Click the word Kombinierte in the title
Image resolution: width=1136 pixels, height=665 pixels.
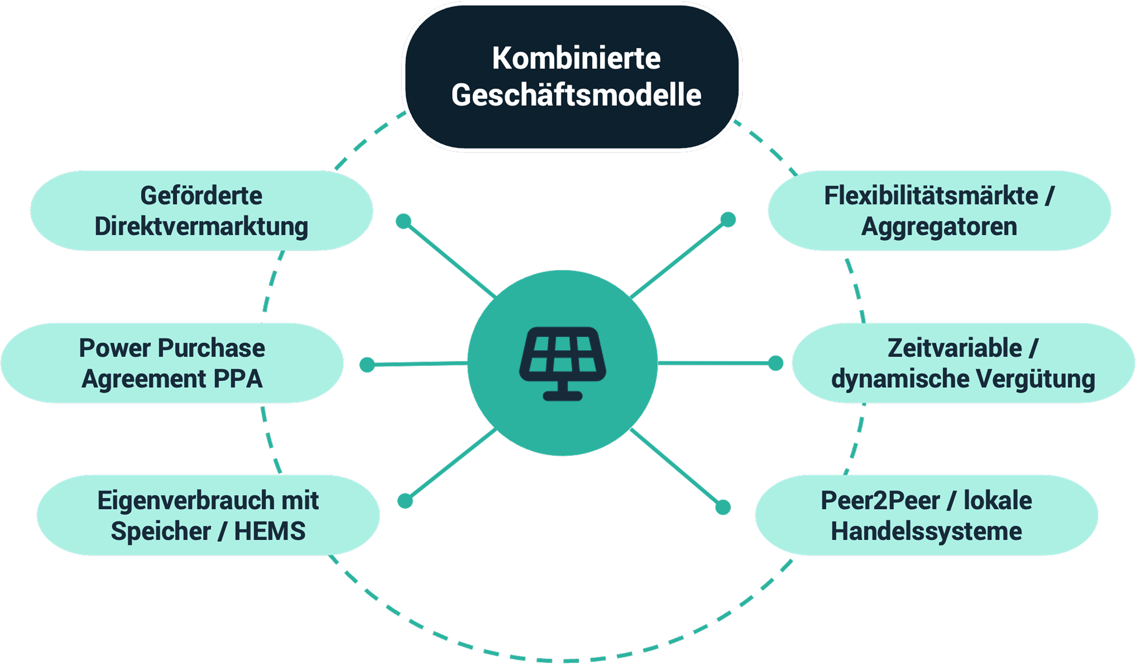[x=576, y=59]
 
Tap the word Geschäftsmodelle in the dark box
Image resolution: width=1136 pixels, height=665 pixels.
[x=576, y=95]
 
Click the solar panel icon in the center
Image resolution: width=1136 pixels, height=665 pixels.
[x=563, y=363]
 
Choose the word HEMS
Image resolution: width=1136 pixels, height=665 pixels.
[x=270, y=531]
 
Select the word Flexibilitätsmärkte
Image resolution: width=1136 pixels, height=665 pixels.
[x=931, y=196]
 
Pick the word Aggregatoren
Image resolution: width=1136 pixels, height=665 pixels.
[x=939, y=226]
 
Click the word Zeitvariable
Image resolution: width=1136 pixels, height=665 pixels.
[x=955, y=348]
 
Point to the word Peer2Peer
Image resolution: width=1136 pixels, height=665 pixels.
[x=880, y=501]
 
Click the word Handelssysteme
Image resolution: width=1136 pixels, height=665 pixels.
[x=926, y=531]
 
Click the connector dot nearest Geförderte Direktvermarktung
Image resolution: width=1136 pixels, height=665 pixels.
[x=403, y=221]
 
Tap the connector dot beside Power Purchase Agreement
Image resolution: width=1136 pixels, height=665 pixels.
[x=367, y=365]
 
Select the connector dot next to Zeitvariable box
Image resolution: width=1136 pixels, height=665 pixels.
[x=775, y=363]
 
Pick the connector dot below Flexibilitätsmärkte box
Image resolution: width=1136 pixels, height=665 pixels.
[x=728, y=219]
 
